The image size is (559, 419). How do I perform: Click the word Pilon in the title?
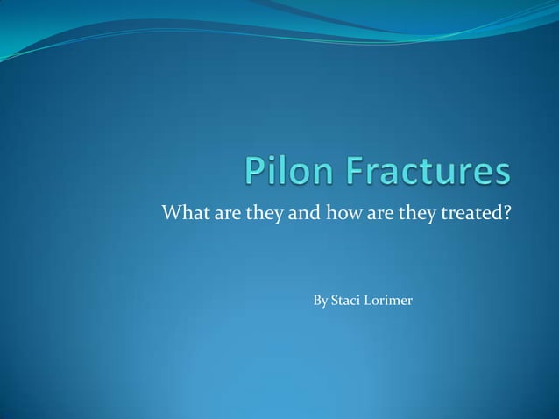coord(288,172)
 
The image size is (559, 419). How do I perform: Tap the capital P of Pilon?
coord(258,172)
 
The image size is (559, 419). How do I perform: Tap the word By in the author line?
coord(320,302)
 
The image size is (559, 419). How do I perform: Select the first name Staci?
coord(346,301)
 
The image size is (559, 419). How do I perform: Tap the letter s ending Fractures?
coord(500,174)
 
